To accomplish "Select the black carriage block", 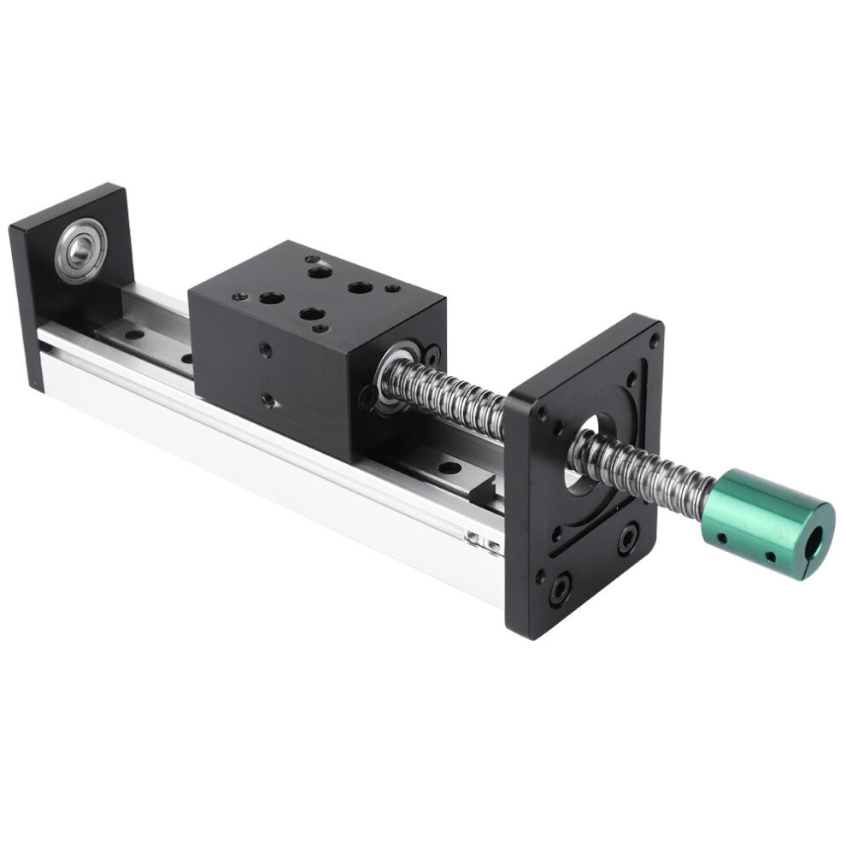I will [x=316, y=350].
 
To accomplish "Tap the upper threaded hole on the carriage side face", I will [x=267, y=349].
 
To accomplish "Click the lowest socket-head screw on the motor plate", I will [x=561, y=589].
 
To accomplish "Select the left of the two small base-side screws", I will [x=472, y=536].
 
